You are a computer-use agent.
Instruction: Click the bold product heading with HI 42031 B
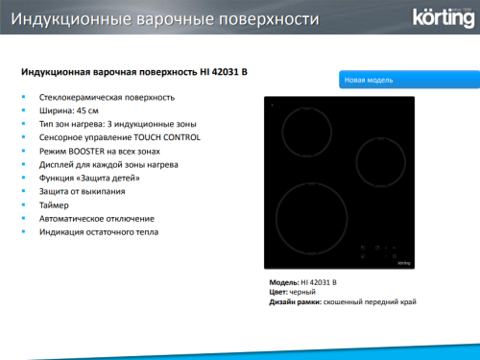[120, 71]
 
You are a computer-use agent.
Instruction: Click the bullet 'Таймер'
[55, 204]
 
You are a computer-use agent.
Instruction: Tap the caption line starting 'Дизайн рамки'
[343, 301]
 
